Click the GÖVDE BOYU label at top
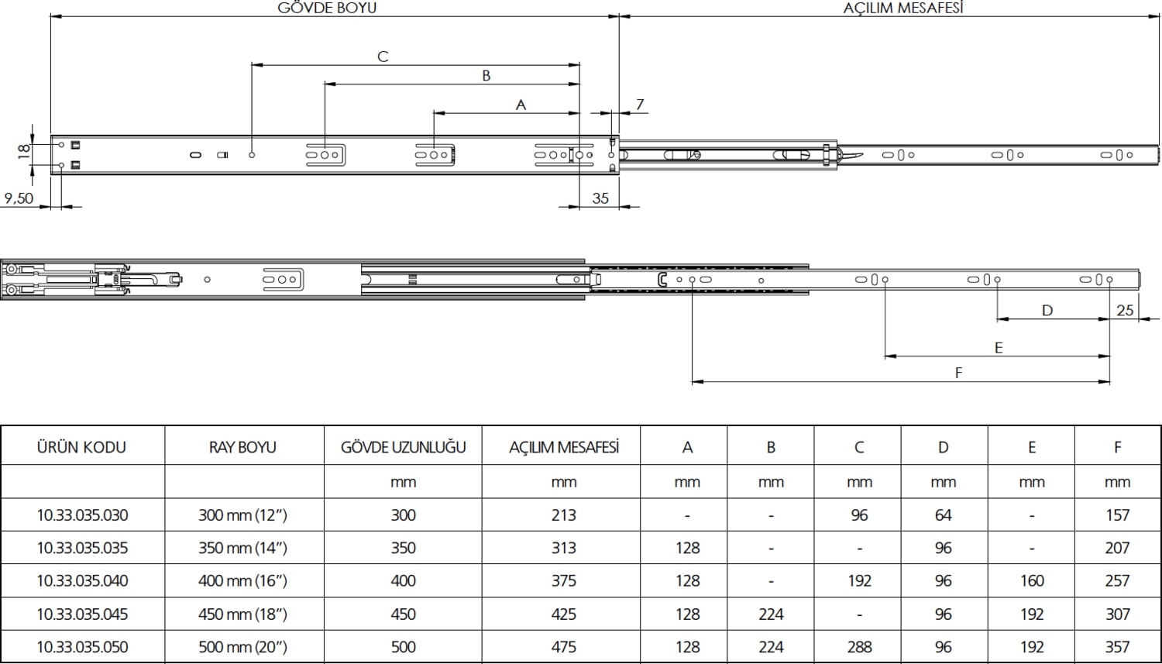327,8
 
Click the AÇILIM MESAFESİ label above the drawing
902,8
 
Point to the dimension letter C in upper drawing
383,57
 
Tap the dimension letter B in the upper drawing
486,75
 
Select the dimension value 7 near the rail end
640,104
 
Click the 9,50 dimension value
19,198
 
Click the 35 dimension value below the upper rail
600,198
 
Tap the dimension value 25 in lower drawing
1125,310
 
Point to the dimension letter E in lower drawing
999,348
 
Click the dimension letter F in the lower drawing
958,373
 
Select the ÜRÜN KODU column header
81,447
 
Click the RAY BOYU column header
242,447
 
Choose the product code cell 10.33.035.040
82,580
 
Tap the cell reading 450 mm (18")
242,614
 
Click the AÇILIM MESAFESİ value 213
563,514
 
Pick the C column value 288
859,646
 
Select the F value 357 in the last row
1117,646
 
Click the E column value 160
1031,580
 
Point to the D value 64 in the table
943,514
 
